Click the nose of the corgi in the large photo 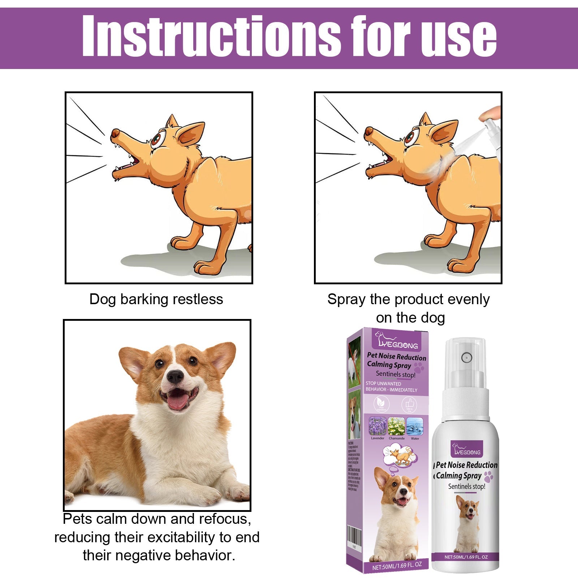coord(176,377)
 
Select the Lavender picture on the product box coord(378,426)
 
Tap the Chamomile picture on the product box coord(397,426)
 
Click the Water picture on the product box coord(415,426)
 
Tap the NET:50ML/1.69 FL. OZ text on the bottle coord(466,557)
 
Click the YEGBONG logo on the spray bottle coord(467,450)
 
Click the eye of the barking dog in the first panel coord(156,139)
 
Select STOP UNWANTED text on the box coord(383,384)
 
